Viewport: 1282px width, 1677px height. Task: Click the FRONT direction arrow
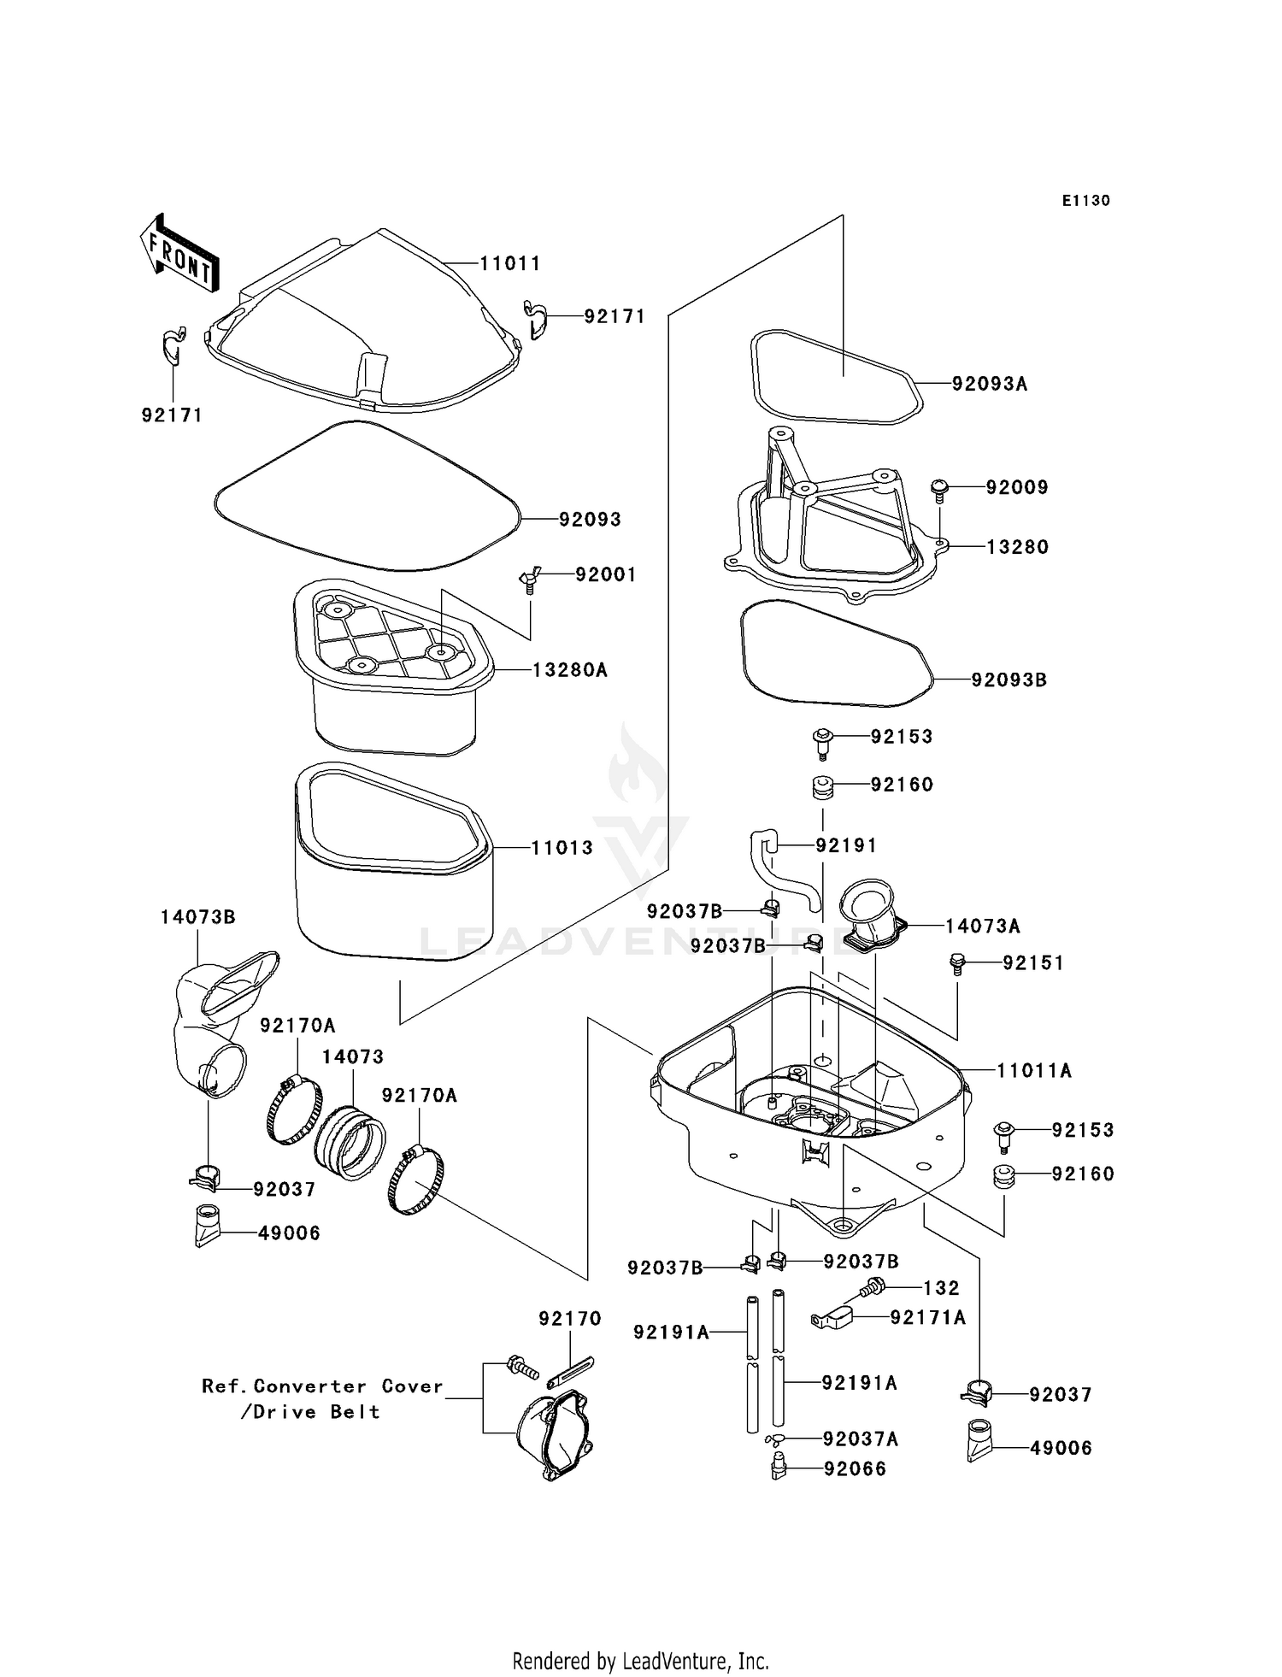(x=179, y=254)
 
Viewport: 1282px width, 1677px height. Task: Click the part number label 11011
(x=509, y=264)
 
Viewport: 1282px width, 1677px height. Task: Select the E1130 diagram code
(x=1085, y=201)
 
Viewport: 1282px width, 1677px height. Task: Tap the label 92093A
(x=989, y=384)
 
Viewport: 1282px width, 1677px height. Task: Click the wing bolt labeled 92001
(x=528, y=581)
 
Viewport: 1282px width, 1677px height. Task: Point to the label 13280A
(x=569, y=670)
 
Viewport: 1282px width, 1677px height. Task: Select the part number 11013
(x=562, y=848)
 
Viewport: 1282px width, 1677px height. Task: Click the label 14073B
(x=197, y=917)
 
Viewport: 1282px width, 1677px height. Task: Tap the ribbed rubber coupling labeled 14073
(x=350, y=1139)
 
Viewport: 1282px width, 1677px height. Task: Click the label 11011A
(x=1033, y=1070)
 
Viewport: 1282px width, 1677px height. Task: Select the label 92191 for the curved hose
(x=845, y=845)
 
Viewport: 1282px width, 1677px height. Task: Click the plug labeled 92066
(x=779, y=1469)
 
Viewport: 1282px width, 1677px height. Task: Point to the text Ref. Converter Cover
(x=322, y=1386)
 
